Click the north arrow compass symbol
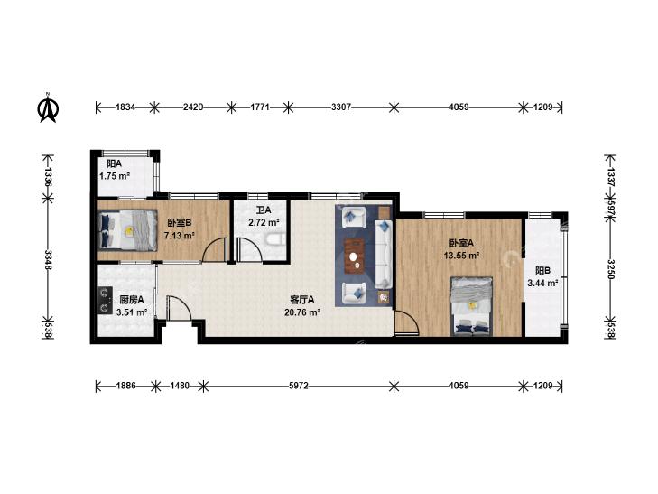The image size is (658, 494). pyautogui.click(x=48, y=107)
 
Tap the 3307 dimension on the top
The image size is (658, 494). pyautogui.click(x=341, y=107)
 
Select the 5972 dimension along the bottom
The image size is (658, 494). pyautogui.click(x=299, y=386)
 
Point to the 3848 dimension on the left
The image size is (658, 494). pyautogui.click(x=48, y=260)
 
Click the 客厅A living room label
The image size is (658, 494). pyautogui.click(x=302, y=300)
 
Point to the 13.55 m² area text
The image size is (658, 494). pyautogui.click(x=461, y=256)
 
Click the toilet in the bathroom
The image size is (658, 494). pyautogui.click(x=275, y=240)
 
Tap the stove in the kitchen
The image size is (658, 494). pyautogui.click(x=105, y=300)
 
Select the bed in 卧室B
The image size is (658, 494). pyautogui.click(x=127, y=230)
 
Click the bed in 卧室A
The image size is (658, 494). pyautogui.click(x=472, y=306)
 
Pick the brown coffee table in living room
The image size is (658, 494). pyautogui.click(x=354, y=256)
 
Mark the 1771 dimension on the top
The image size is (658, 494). pyautogui.click(x=260, y=107)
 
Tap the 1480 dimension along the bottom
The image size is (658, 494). pyautogui.click(x=180, y=386)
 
